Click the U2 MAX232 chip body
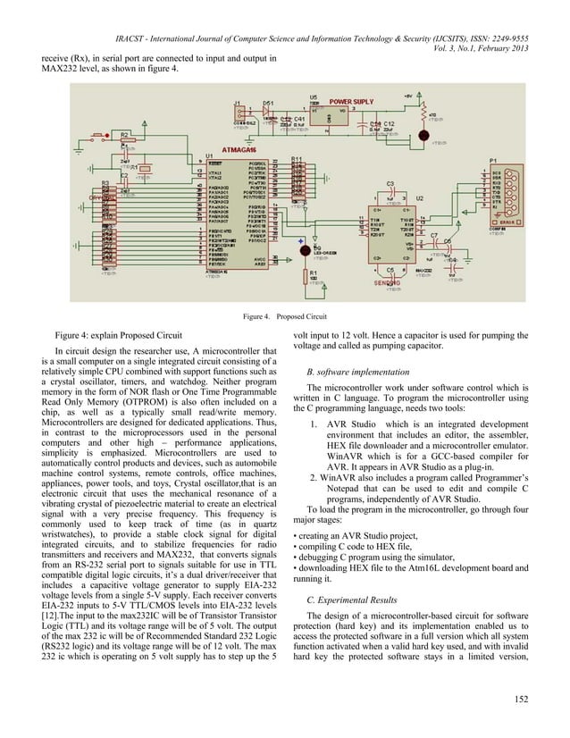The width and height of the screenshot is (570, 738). [x=391, y=231]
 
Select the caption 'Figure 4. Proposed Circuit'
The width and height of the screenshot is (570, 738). [x=284, y=316]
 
